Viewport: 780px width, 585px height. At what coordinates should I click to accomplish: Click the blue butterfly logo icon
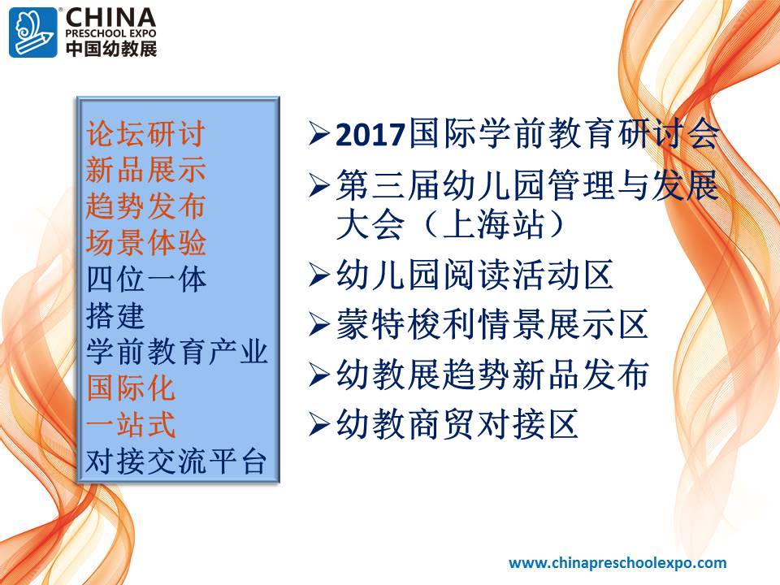33,32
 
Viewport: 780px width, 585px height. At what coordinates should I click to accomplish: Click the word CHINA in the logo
111,18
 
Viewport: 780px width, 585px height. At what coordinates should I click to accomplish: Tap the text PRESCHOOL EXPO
111,33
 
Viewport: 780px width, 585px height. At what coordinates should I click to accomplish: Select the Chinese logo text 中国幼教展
111,48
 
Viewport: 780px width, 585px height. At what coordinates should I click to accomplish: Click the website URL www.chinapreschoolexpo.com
617,563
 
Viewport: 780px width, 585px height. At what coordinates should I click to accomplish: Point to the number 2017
370,135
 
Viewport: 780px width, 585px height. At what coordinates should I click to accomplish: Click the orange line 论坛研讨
145,133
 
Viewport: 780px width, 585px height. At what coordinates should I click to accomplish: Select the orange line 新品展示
145,170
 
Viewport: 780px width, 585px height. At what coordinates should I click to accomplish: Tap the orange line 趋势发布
145,206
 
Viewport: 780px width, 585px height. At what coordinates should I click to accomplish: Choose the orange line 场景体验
145,243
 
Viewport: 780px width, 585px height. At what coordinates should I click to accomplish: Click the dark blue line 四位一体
145,279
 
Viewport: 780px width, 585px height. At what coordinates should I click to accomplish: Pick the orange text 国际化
131,388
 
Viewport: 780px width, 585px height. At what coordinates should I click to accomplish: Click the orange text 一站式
131,424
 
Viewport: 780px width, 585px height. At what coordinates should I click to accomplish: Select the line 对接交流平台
176,461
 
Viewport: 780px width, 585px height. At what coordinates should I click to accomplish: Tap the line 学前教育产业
176,352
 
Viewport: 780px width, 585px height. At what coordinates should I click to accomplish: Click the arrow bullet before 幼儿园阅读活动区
319,275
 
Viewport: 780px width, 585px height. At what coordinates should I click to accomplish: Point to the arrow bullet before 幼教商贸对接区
319,424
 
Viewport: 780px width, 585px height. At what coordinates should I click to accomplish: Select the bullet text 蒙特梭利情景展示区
492,324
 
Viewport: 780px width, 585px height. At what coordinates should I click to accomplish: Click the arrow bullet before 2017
319,134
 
